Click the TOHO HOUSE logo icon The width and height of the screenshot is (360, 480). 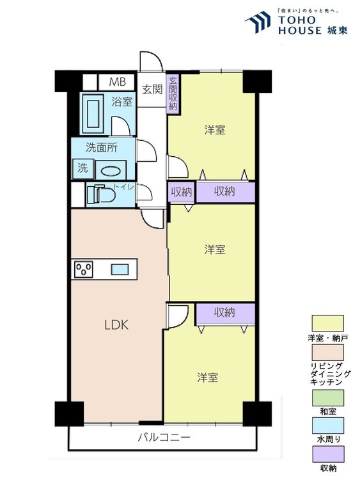tap(258, 20)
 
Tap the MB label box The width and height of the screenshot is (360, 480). tap(117, 82)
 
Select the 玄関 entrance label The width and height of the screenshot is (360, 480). tap(152, 89)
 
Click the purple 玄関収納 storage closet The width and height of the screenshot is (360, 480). tap(173, 94)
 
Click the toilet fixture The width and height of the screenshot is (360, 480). tap(98, 194)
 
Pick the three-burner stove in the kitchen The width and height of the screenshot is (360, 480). tap(84, 269)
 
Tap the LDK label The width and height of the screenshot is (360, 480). tap(117, 324)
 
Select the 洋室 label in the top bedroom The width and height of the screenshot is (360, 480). tap(214, 130)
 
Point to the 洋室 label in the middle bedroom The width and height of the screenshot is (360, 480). tap(214, 249)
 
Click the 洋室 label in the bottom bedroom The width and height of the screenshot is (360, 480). tap(207, 377)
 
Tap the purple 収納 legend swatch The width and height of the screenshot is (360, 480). tap(327, 454)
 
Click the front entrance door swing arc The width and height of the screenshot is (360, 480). tap(152, 61)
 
